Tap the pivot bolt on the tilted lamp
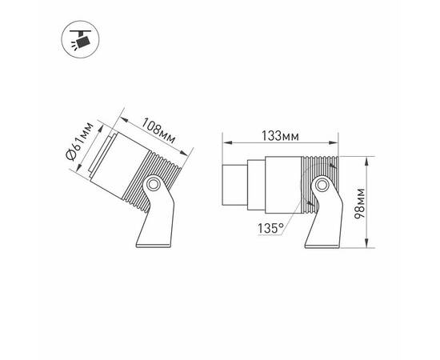pyautogui.click(x=151, y=189)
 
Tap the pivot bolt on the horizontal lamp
pyautogui.click(x=320, y=186)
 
